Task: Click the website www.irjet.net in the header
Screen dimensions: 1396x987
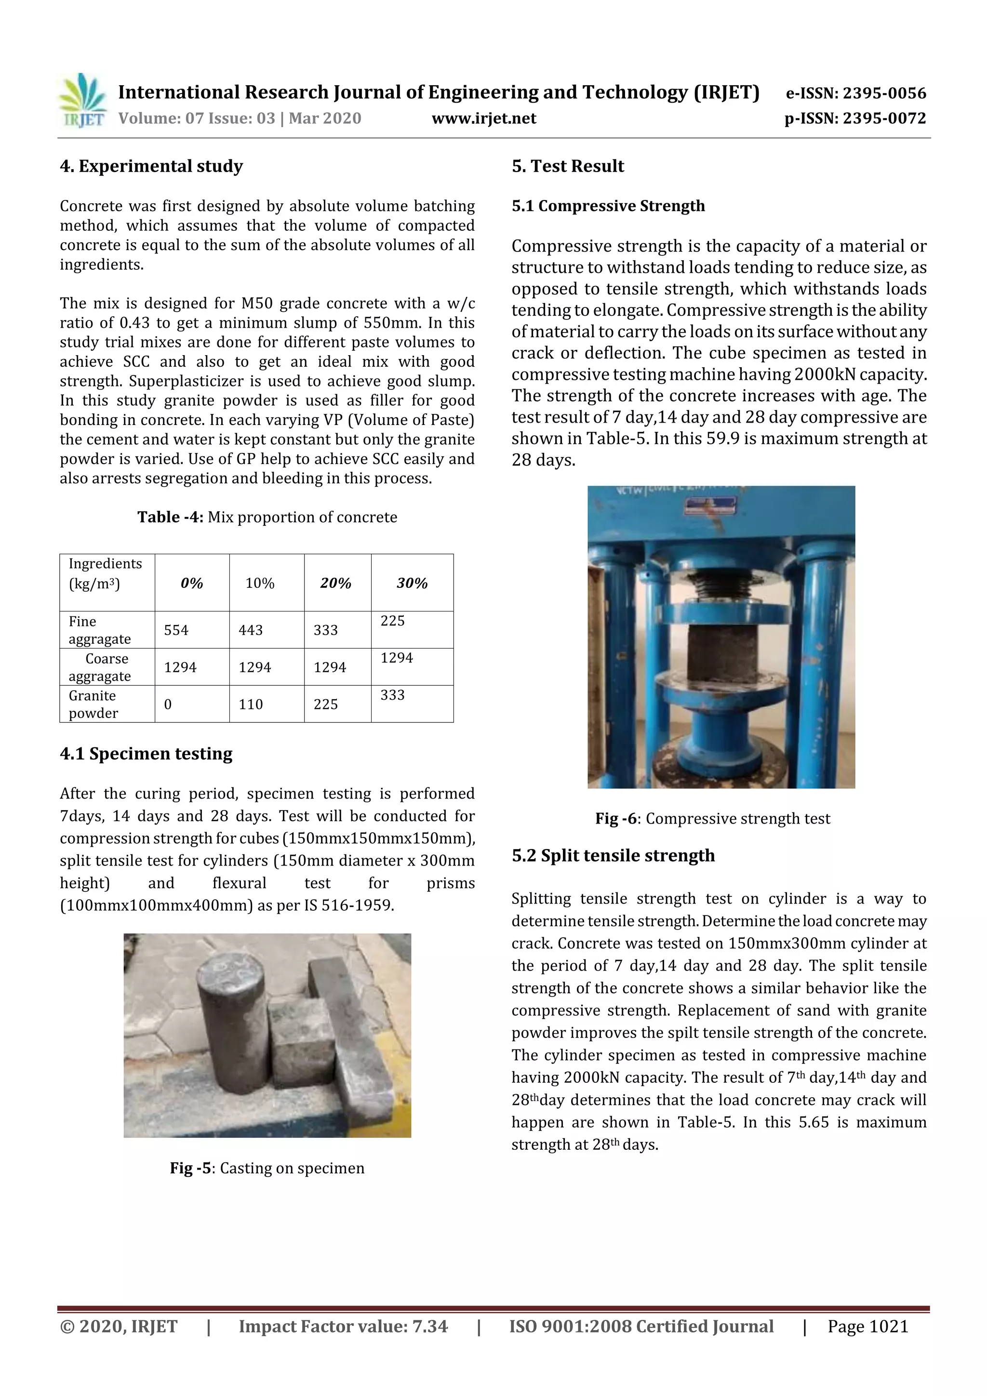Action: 483,119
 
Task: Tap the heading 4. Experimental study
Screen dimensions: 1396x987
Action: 151,166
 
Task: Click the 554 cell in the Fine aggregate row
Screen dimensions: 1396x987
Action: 176,630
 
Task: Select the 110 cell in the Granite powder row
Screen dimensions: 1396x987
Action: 251,704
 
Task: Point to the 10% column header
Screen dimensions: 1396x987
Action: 260,583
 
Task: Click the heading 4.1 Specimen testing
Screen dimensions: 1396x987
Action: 146,754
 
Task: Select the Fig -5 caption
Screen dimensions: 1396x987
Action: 267,1168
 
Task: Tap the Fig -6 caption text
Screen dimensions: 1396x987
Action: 712,818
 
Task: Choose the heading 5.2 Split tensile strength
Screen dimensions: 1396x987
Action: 613,855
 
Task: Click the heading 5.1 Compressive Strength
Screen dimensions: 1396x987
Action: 608,205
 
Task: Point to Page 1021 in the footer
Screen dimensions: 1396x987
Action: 868,1326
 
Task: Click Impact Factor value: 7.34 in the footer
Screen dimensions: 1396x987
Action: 343,1326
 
